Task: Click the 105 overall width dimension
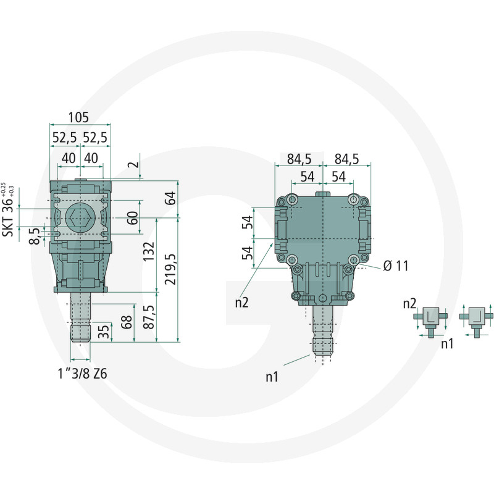click(78, 117)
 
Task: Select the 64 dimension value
click(171, 198)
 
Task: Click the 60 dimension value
click(132, 217)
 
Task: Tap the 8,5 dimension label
click(36, 235)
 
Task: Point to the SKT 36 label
click(9, 211)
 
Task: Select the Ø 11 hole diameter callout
click(395, 266)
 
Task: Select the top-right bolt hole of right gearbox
click(353, 200)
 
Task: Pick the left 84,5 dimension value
click(299, 159)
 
